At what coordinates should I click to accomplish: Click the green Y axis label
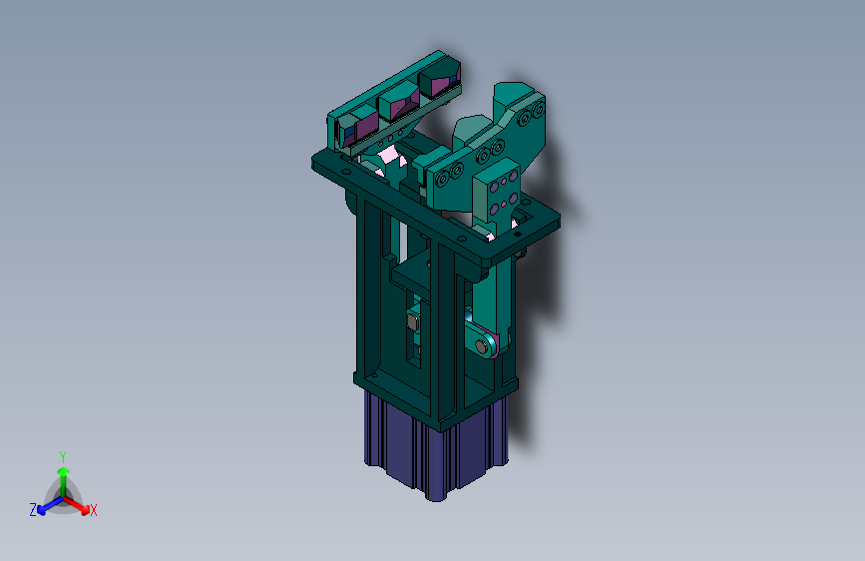click(63, 457)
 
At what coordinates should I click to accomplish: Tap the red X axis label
click(93, 510)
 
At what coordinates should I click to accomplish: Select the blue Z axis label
click(33, 510)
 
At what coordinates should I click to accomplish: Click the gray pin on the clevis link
click(482, 346)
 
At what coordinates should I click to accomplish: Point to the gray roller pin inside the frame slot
click(413, 320)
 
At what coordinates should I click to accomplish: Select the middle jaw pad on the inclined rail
click(398, 105)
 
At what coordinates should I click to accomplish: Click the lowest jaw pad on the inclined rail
click(357, 128)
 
